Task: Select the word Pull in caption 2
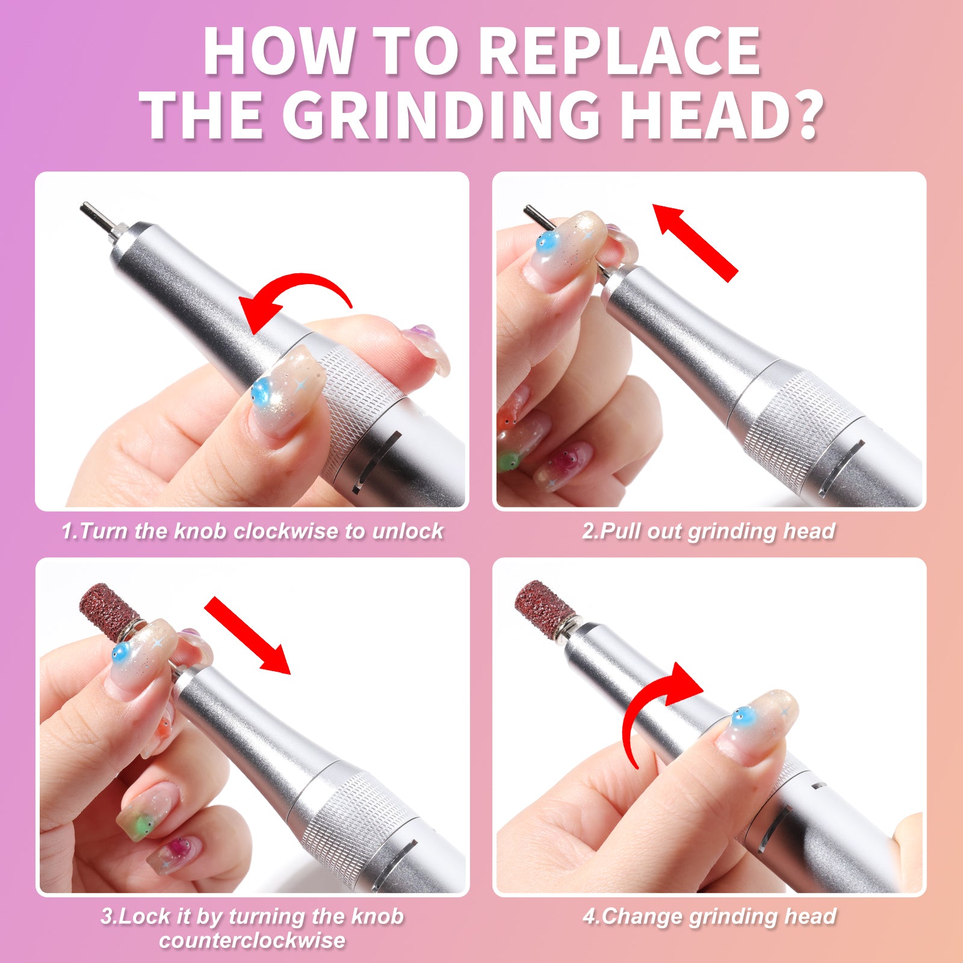621,531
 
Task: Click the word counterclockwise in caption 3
252,941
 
